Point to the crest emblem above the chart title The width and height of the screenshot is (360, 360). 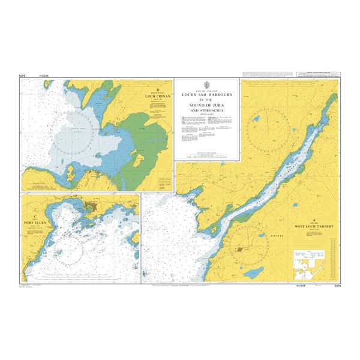click(207, 85)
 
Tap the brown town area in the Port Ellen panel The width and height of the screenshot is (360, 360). click(92, 208)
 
